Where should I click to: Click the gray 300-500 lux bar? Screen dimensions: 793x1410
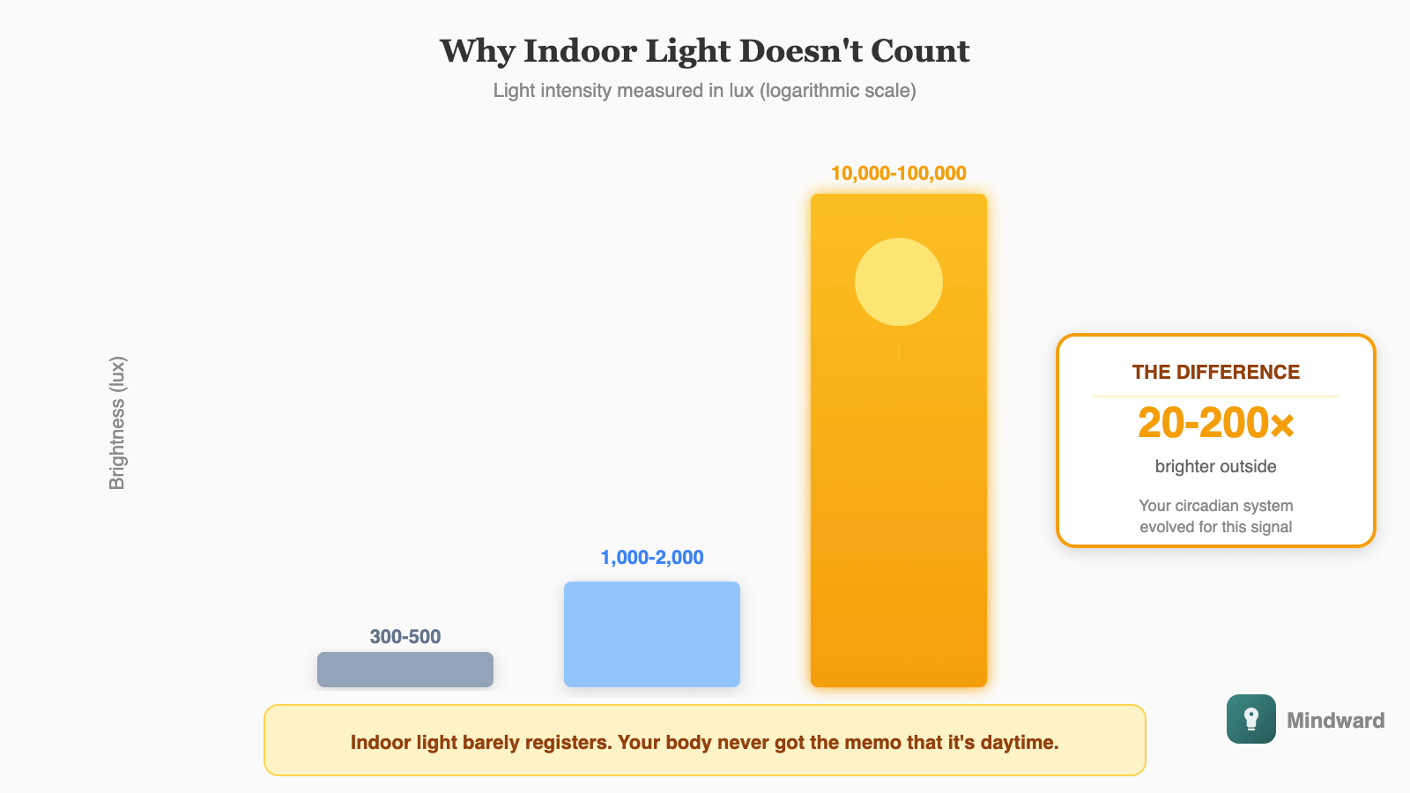point(405,670)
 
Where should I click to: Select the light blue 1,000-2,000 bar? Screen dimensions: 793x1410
point(652,634)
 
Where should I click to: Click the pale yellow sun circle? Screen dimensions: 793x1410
point(899,282)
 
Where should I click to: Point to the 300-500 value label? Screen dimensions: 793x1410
point(405,636)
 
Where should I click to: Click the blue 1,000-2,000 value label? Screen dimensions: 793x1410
point(652,557)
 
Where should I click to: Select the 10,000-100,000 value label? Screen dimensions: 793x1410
point(899,174)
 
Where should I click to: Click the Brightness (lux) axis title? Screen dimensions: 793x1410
point(117,423)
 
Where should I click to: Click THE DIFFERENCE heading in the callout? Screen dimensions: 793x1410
point(1216,372)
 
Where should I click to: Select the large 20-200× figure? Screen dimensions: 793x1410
point(1216,423)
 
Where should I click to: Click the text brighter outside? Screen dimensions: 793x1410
point(1216,466)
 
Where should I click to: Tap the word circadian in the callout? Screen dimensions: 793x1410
point(1209,506)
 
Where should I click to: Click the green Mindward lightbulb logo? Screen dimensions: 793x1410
point(1251,719)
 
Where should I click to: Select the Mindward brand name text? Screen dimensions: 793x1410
point(1336,721)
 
